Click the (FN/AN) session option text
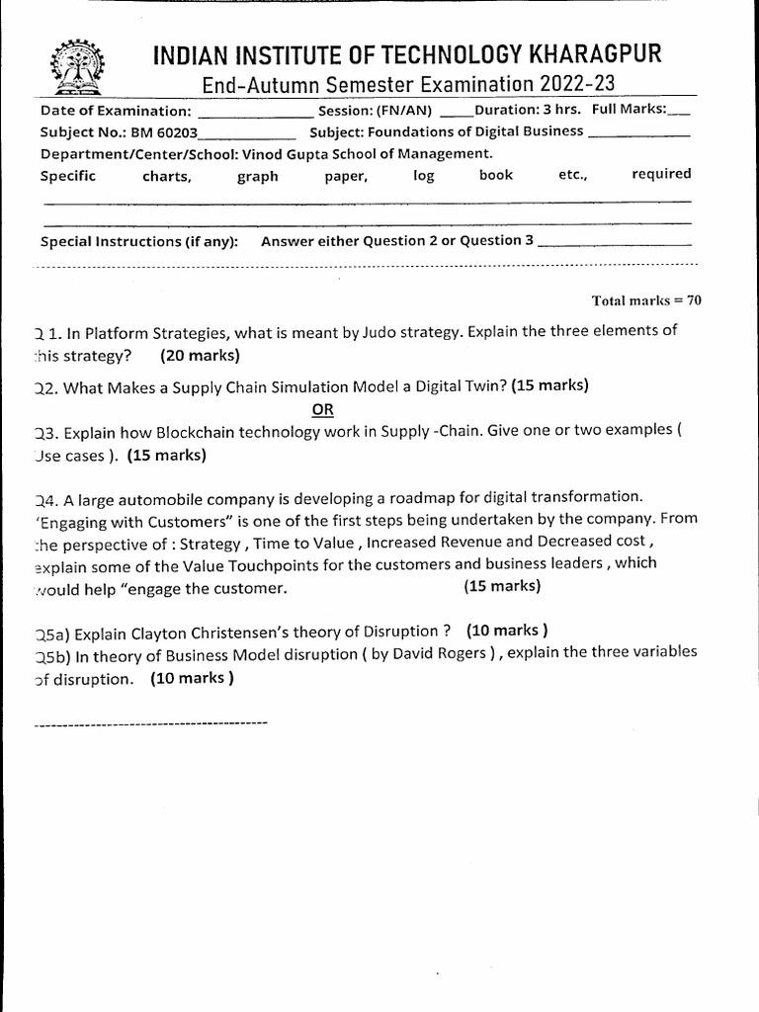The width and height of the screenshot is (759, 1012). [403, 111]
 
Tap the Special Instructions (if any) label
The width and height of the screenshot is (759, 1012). [138, 242]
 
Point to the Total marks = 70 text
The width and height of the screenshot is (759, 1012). [646, 300]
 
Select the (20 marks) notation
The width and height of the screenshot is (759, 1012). [200, 355]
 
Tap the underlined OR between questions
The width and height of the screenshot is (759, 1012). [323, 410]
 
